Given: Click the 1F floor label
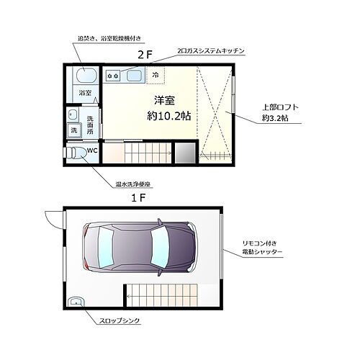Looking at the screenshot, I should [138, 197].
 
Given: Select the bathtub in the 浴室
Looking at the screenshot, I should [84, 75].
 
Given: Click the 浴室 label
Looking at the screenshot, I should [85, 93].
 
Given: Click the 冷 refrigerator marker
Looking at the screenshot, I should [156, 74].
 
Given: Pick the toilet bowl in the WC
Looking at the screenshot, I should [76, 153].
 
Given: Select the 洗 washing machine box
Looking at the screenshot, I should [73, 130].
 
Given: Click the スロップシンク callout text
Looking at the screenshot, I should [119, 318].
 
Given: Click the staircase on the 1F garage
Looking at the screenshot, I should [163, 294].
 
